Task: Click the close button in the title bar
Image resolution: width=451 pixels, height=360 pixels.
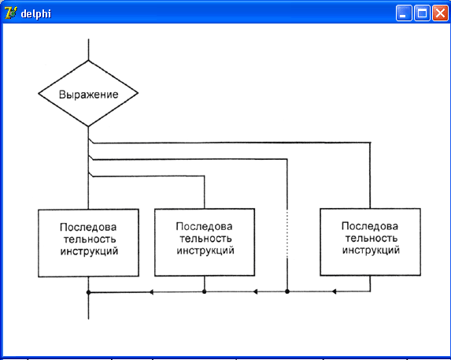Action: pyautogui.click(x=440, y=13)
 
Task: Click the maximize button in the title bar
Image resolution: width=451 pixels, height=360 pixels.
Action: pyautogui.click(x=422, y=13)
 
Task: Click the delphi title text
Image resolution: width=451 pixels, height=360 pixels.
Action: pyautogui.click(x=36, y=14)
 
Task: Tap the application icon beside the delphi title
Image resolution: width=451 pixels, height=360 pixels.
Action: pyautogui.click(x=11, y=13)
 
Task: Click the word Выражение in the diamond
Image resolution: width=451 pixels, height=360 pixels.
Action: pyautogui.click(x=89, y=95)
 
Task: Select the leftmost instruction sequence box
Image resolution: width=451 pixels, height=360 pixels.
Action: pyautogui.click(x=89, y=243)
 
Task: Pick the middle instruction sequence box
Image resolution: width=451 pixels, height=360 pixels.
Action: pyautogui.click(x=205, y=243)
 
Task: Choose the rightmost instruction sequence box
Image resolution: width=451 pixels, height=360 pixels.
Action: pyautogui.click(x=370, y=242)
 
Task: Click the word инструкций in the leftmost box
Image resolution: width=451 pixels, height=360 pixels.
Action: pyautogui.click(x=89, y=251)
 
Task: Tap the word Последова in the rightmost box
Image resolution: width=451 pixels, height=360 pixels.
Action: pyautogui.click(x=370, y=226)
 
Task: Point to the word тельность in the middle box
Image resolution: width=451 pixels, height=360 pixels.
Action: pyautogui.click(x=205, y=239)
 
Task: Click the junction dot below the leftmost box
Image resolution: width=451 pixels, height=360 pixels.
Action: pyautogui.click(x=89, y=292)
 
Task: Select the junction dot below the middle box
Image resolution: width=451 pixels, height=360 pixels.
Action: pyautogui.click(x=204, y=291)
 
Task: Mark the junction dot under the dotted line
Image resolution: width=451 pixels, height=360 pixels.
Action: pyautogui.click(x=287, y=291)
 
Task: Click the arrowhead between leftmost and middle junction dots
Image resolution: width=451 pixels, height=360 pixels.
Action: pyautogui.click(x=151, y=292)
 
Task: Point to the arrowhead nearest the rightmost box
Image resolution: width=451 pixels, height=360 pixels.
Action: pyautogui.click(x=334, y=291)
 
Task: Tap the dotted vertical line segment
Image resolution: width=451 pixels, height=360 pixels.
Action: pyautogui.click(x=287, y=234)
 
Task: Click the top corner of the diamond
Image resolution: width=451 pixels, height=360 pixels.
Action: pyautogui.click(x=89, y=61)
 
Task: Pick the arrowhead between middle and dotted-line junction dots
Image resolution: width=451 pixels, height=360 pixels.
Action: pyautogui.click(x=255, y=291)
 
